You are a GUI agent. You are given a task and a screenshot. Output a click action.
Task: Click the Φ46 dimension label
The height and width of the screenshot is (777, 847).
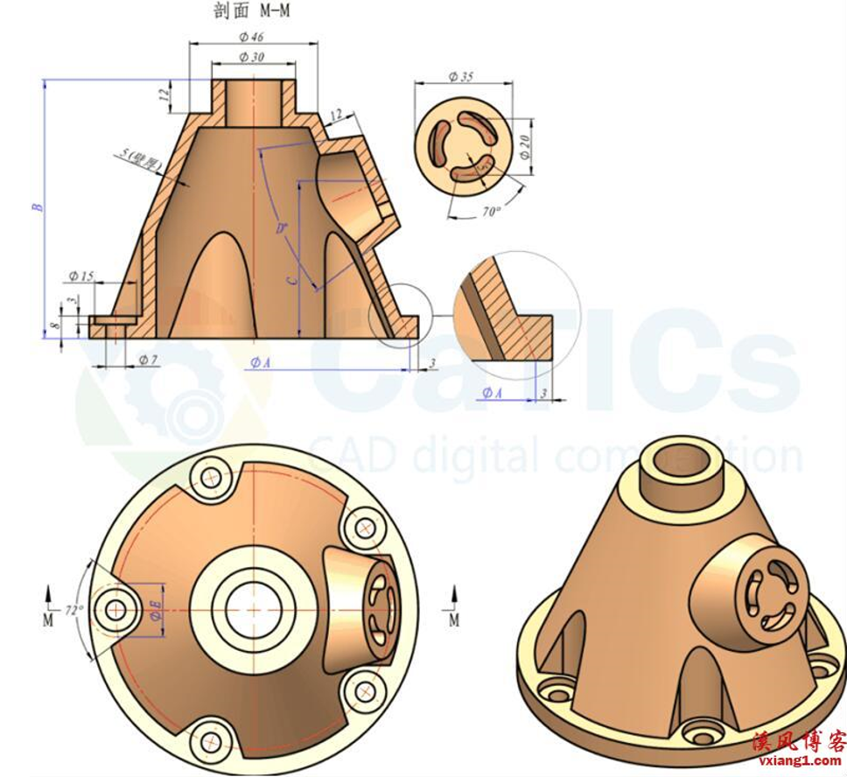click(251, 37)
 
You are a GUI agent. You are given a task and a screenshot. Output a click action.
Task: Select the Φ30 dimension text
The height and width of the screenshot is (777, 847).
click(251, 57)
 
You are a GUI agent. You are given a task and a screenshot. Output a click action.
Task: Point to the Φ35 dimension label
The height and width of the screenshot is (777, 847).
click(460, 77)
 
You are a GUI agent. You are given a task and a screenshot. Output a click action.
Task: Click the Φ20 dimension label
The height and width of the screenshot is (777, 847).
click(524, 143)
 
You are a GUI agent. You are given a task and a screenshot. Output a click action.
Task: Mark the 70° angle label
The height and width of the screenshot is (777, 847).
click(490, 211)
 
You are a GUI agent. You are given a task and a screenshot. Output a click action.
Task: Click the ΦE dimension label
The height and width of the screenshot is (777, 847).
click(155, 606)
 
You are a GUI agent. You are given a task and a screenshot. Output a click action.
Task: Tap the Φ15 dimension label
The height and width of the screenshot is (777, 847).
click(80, 276)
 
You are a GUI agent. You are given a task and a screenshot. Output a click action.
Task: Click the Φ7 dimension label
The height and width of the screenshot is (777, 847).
click(148, 360)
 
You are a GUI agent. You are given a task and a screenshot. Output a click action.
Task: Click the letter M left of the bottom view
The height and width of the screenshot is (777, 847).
click(47, 619)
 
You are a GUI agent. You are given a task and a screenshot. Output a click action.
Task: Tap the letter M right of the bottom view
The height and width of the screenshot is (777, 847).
click(453, 619)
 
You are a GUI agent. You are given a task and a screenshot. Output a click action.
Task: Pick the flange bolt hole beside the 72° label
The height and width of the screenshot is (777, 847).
click(115, 608)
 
